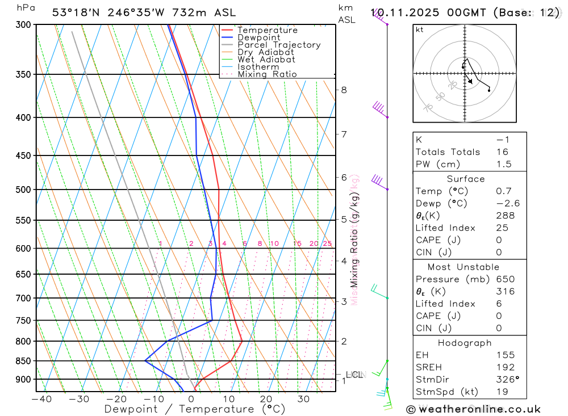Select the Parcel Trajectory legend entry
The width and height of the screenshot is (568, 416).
(x=279, y=45)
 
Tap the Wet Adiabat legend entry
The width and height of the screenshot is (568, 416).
(x=266, y=60)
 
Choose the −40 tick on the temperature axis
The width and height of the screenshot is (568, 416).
(x=41, y=399)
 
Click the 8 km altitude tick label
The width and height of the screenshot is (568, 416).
(x=344, y=90)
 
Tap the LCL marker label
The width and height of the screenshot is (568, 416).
(x=355, y=375)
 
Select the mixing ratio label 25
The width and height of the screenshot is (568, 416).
(x=327, y=244)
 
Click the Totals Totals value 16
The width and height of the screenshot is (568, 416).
(x=503, y=152)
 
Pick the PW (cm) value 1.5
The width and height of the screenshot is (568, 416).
(x=503, y=165)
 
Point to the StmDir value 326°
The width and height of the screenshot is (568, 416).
(x=507, y=380)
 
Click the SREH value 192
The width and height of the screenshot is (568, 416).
(x=505, y=367)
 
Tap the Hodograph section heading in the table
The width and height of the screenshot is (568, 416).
(x=465, y=343)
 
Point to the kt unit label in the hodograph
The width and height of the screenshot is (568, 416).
(x=420, y=30)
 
